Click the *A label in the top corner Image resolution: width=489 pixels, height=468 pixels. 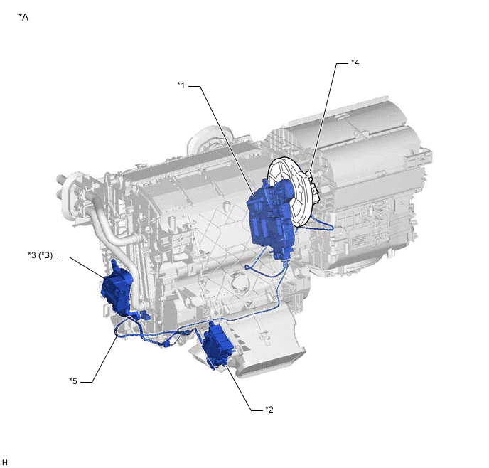click(x=23, y=17)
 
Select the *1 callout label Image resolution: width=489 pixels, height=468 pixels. click(x=181, y=85)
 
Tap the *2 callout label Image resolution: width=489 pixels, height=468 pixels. click(x=269, y=409)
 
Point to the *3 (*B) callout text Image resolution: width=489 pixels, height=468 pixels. click(x=41, y=255)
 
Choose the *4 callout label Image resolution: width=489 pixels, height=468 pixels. click(x=355, y=63)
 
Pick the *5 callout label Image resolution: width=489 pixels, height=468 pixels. click(x=73, y=381)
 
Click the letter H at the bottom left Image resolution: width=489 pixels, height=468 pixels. click(x=5, y=462)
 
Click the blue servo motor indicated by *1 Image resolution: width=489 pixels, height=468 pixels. click(x=271, y=218)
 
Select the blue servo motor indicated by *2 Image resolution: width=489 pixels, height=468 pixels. click(x=217, y=346)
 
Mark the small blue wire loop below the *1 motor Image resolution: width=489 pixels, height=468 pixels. click(x=249, y=267)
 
